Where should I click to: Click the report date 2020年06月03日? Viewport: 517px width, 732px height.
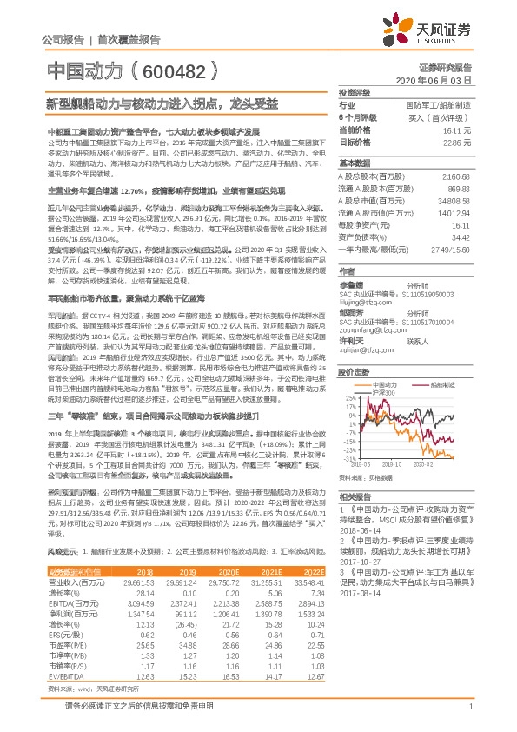point(434,80)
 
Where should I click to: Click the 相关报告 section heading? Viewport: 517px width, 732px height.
point(354,493)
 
